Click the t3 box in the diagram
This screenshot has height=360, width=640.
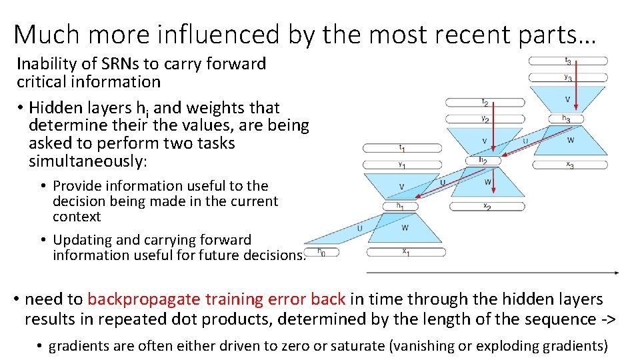point(567,61)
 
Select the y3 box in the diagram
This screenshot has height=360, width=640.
point(567,78)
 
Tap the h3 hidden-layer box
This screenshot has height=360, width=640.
point(566,119)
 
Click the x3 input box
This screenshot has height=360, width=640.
point(569,165)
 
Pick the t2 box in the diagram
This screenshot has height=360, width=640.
point(485,102)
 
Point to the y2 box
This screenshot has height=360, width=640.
point(485,119)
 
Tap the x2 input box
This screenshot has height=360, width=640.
point(486,207)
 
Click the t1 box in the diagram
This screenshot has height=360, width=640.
point(401,147)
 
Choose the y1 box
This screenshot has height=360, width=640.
point(401,165)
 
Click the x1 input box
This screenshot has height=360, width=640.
point(406,253)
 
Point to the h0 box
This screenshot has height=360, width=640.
point(321,252)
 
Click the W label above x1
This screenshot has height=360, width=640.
point(405,229)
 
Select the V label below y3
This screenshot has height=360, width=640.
point(567,99)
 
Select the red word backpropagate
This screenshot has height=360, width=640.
point(143,300)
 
